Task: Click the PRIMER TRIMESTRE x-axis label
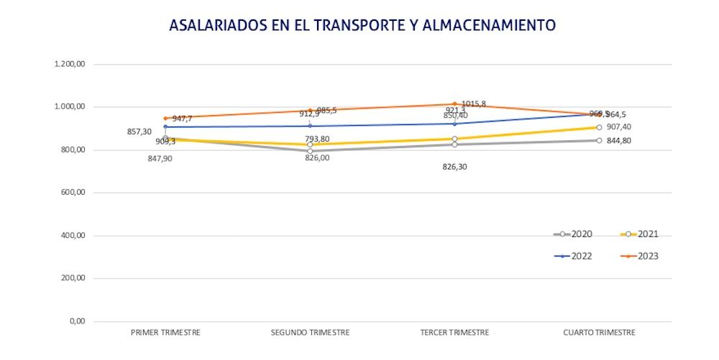pos(165,333)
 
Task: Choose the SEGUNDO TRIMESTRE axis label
pos(310,333)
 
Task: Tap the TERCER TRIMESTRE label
pos(454,333)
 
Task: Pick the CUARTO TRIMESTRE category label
pos(599,333)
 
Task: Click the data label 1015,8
pos(473,104)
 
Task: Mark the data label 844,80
pos(619,141)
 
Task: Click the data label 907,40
pos(619,127)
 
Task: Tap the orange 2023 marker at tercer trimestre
pos(454,104)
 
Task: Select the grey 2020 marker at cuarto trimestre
pos(599,140)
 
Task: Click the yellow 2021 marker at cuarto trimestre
pos(599,127)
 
